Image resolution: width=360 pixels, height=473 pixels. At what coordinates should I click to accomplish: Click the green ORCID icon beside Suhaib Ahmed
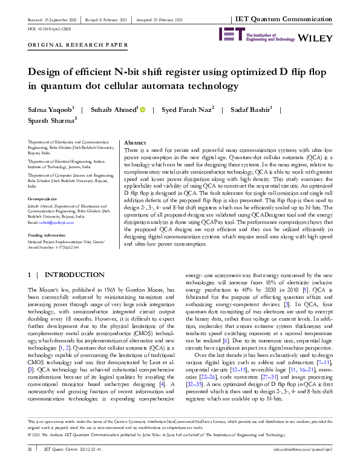(x=143, y=109)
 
